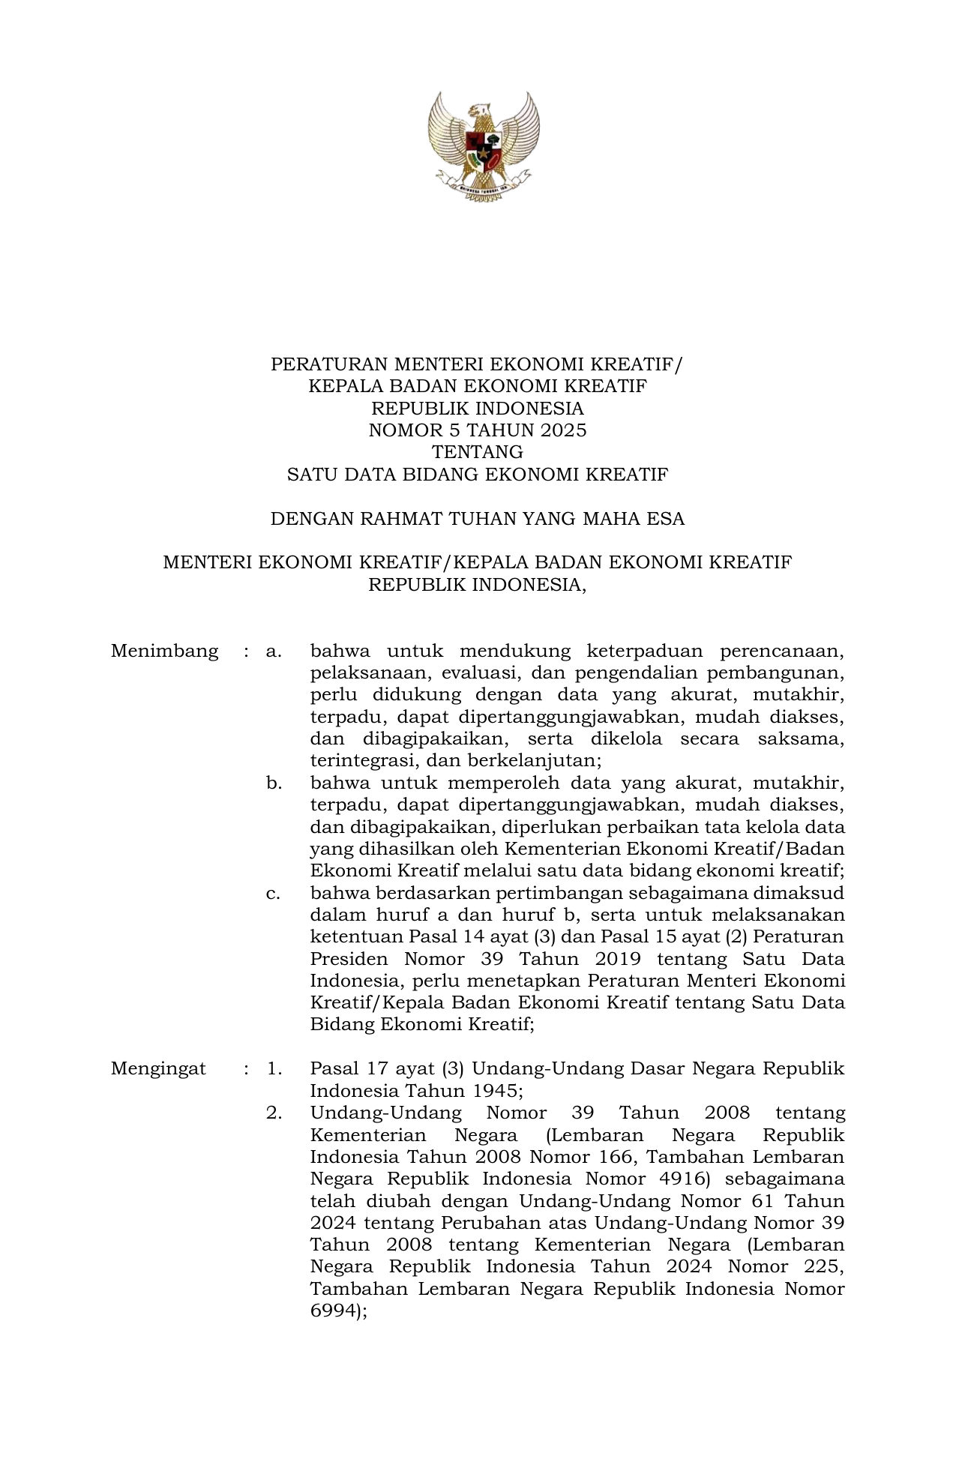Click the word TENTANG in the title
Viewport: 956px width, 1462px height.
(x=478, y=452)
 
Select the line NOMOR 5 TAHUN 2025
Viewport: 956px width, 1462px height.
(x=478, y=430)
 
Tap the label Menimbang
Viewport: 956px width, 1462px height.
(x=164, y=651)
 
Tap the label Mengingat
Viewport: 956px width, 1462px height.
(x=158, y=1068)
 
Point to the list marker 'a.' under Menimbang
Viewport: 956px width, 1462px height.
(x=274, y=651)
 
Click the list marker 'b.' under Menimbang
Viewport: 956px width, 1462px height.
(x=274, y=783)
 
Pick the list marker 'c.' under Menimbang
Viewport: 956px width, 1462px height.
(x=274, y=894)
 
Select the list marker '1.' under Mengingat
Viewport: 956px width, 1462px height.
(x=274, y=1068)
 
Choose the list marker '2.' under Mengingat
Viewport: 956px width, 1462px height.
(x=274, y=1113)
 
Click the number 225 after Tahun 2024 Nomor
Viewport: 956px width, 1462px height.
(x=820, y=1267)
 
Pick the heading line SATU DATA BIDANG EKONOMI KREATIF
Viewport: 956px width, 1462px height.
(x=478, y=475)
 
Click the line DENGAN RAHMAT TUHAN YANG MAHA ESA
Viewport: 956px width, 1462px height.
(x=478, y=519)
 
